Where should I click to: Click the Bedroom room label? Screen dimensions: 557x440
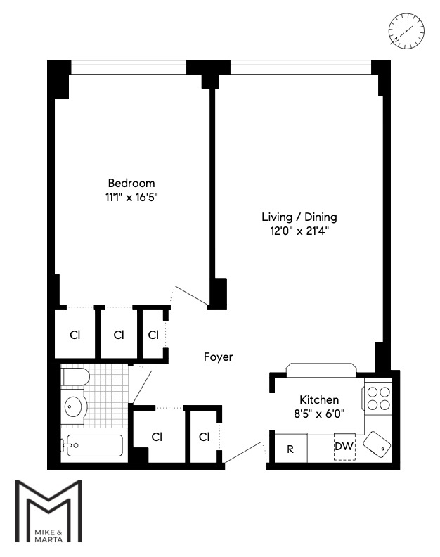tap(131, 183)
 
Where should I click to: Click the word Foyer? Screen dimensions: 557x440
tap(218, 357)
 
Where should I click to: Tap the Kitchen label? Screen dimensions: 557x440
tap(319, 399)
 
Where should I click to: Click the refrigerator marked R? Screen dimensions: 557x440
tap(289, 449)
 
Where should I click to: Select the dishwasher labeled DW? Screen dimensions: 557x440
tap(344, 447)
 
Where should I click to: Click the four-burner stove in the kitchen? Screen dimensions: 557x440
tap(378, 399)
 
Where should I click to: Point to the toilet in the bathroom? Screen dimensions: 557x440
tap(74, 378)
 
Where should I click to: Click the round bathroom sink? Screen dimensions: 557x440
tap(74, 406)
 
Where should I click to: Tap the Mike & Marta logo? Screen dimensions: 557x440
tap(49, 511)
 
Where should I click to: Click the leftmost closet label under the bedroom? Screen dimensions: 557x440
tap(75, 335)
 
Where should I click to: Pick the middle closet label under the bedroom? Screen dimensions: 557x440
tap(119, 335)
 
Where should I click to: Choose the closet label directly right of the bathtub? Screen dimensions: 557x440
tap(157, 437)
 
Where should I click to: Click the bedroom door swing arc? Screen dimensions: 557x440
tap(188, 294)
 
